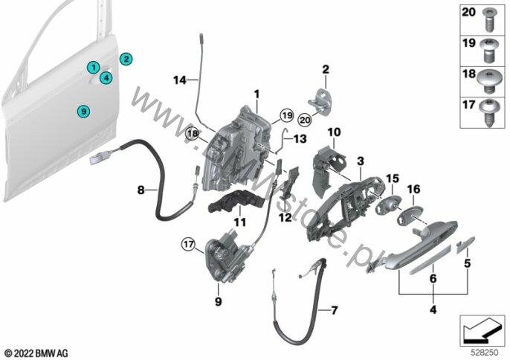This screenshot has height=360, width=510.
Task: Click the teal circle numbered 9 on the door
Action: click(84, 112)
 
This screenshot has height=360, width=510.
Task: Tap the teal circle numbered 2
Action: click(126, 59)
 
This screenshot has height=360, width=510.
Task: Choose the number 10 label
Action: click(334, 132)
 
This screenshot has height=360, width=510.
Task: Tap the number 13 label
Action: click(300, 138)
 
